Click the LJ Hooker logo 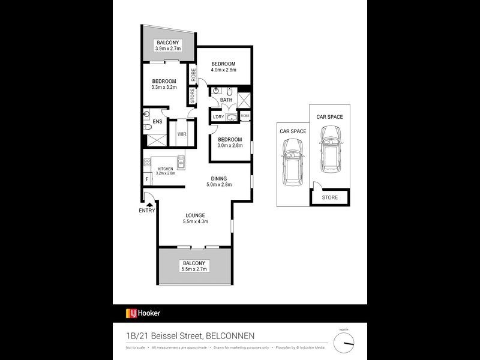point(143,313)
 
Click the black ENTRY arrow point(147,204)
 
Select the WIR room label point(181,134)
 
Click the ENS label point(157,122)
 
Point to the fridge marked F point(147,179)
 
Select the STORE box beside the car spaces point(329,197)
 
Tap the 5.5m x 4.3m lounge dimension point(195,223)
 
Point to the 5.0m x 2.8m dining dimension point(218,185)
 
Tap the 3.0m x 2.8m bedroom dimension point(230,145)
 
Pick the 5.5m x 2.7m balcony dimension point(194,270)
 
